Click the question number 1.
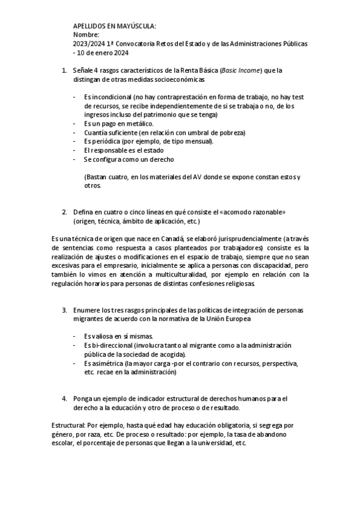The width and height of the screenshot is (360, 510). pyautogui.click(x=64, y=70)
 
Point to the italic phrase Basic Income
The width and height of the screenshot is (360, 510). pyautogui.click(x=240, y=70)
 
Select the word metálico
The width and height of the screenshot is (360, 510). pyautogui.click(x=130, y=123)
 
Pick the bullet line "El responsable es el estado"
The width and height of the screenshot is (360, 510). pyautogui.click(x=122, y=150)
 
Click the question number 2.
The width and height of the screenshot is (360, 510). pyautogui.click(x=64, y=212)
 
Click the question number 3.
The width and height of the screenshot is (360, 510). pyautogui.click(x=64, y=310)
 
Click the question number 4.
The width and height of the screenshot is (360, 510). pyautogui.click(x=64, y=399)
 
